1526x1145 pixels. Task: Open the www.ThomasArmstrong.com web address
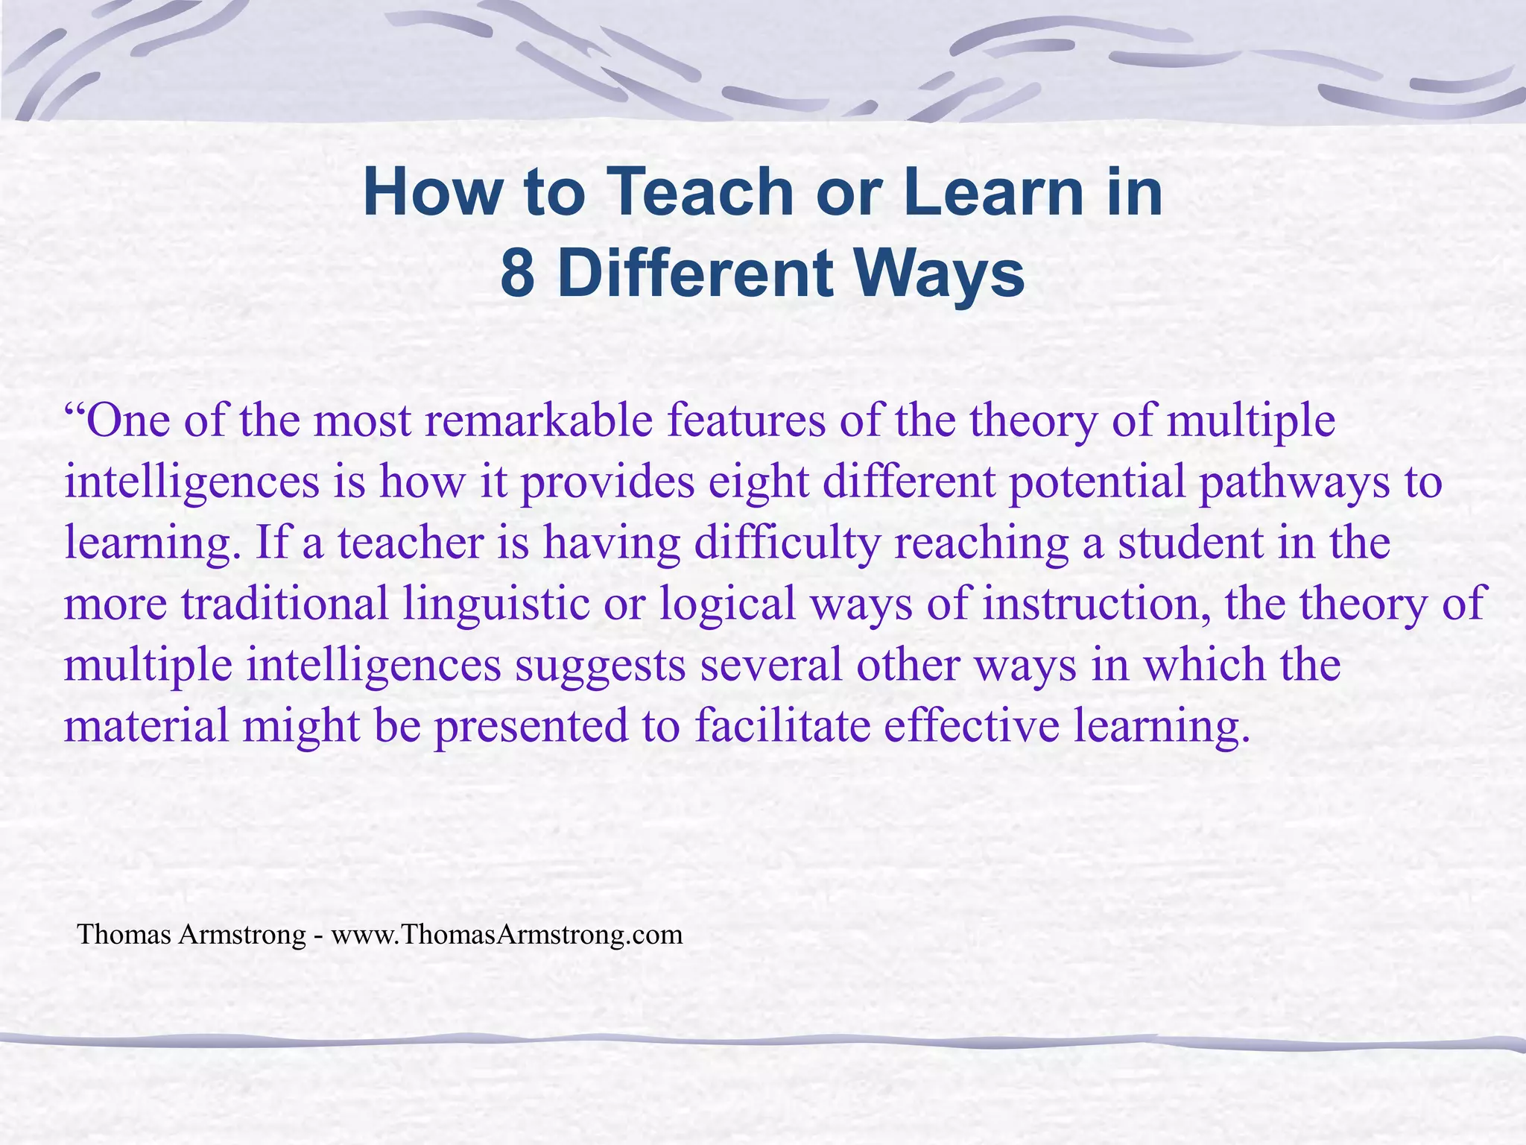507,935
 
